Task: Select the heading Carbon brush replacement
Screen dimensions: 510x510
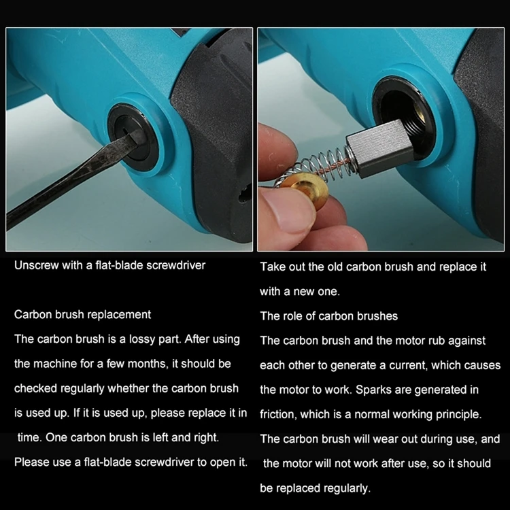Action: tap(82, 315)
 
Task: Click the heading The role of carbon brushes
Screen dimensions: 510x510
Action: tap(329, 316)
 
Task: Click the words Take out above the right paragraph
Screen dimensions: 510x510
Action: tap(282, 267)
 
